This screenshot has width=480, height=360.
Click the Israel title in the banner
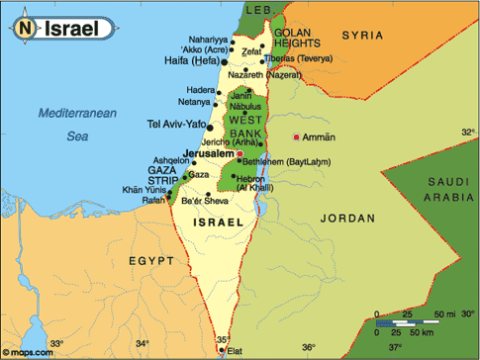pos(70,29)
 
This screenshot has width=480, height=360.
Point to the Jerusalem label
pos(207,154)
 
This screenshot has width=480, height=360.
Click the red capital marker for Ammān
pos(297,136)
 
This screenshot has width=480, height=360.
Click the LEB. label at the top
pos(258,9)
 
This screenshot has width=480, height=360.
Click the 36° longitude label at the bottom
pos(308,347)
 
